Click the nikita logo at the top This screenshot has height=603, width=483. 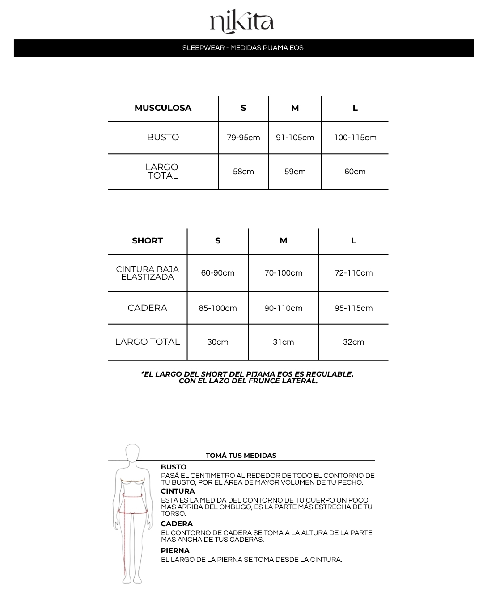click(x=241, y=22)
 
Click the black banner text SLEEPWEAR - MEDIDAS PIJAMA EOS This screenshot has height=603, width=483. click(x=243, y=48)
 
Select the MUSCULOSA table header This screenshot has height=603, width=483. click(x=163, y=108)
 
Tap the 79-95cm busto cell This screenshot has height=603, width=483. click(x=243, y=138)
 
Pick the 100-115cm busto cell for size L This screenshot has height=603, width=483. click(x=355, y=138)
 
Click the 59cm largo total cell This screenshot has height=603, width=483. click(x=295, y=172)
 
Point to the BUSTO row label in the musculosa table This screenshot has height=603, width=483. click(x=163, y=138)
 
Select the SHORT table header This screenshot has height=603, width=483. click(x=147, y=241)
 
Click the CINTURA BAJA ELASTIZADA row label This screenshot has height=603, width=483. click(x=147, y=273)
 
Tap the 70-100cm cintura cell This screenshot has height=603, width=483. click(x=284, y=273)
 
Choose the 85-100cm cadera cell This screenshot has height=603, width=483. click(x=218, y=308)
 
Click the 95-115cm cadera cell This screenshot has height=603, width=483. click(x=353, y=308)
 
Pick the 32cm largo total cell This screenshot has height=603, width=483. click(x=353, y=342)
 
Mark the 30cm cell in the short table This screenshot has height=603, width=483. click(x=218, y=342)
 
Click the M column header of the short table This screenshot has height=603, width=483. click(x=284, y=241)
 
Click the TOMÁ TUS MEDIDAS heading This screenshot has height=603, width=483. click(x=241, y=456)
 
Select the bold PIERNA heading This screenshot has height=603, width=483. click(x=175, y=551)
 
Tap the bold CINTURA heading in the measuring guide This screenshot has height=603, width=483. click(x=178, y=491)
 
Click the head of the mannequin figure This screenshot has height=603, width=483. click(x=132, y=452)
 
